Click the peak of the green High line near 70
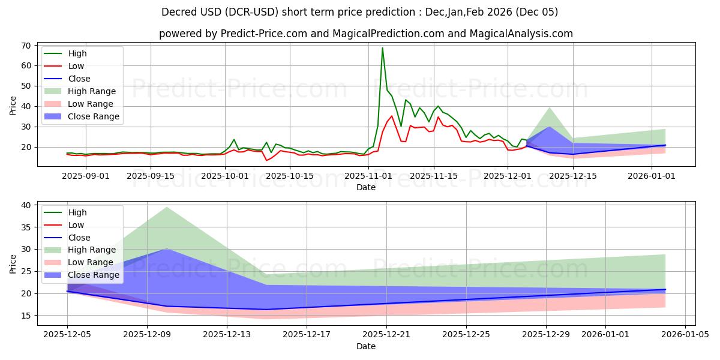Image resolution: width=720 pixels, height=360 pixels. [382, 48]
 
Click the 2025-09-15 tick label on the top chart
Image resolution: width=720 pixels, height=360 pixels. [150, 176]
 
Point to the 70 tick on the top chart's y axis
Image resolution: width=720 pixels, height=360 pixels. [27, 46]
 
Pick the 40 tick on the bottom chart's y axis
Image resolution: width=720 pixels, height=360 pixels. [27, 205]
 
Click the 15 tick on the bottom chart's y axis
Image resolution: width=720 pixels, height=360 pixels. [27, 316]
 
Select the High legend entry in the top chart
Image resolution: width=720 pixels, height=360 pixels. [76, 53]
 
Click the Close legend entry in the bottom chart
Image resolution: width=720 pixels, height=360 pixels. [79, 238]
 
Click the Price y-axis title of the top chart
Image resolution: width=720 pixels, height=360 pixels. [13, 106]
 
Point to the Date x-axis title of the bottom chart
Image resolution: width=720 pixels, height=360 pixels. [366, 347]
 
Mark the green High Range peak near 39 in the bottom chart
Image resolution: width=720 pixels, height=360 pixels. [166, 207]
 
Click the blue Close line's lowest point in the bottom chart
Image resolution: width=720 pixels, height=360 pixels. [266, 310]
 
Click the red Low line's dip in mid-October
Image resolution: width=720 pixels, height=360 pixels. [266, 160]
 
